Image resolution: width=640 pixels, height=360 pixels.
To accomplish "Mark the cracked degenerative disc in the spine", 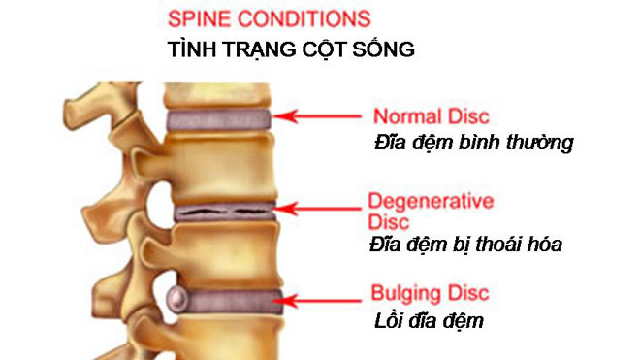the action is pos(223,209).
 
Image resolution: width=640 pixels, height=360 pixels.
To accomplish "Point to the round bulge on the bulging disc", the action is pos(178,297).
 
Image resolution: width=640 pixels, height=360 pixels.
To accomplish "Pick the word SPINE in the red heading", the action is pos(196,18).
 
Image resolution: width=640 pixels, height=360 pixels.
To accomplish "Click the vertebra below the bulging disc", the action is pos(228,336).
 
